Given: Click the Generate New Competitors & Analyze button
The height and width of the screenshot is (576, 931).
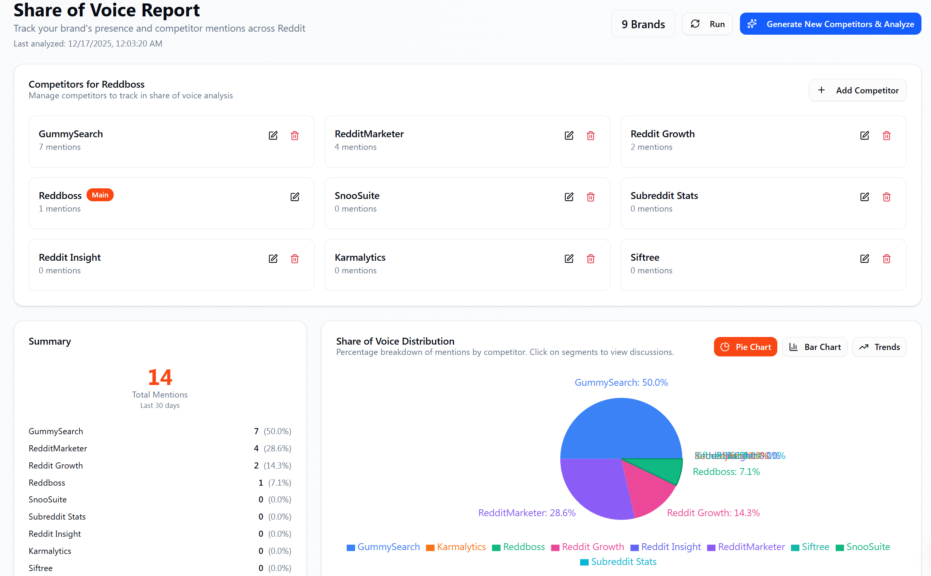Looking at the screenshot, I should (830, 24).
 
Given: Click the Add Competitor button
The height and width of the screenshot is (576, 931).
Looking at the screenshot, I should (857, 90).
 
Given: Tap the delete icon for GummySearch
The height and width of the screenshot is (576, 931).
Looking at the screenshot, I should (294, 136).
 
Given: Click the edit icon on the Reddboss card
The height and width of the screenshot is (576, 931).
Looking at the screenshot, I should (294, 197).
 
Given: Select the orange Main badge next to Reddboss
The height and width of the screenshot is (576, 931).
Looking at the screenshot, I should (100, 195).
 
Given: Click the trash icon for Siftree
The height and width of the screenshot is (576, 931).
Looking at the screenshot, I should (886, 259).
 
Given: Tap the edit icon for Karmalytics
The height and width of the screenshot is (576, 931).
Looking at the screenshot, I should (569, 259).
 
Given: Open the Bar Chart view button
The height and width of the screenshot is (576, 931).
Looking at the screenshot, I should (815, 347).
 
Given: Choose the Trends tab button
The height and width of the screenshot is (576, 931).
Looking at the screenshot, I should (879, 347).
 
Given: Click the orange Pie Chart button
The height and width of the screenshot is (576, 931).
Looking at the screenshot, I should (745, 347).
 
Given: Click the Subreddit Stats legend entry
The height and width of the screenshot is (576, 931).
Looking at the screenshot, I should (618, 562).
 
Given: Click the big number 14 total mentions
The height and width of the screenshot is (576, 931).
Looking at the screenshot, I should (160, 377).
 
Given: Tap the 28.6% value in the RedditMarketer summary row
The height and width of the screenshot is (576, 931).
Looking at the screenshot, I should (277, 448).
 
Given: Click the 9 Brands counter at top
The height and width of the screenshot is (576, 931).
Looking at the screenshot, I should (643, 24).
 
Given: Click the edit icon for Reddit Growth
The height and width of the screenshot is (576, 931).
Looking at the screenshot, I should (864, 136).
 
